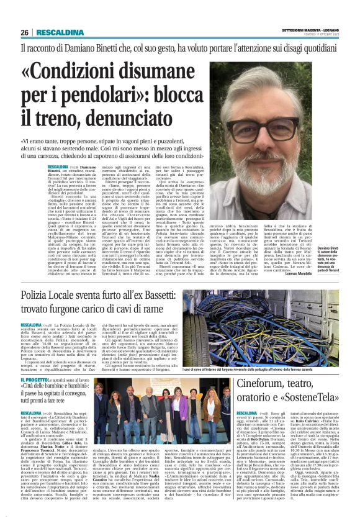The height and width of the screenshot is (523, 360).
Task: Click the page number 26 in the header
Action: tap(25, 32)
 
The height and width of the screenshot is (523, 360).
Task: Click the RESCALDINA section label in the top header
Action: tap(58, 32)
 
